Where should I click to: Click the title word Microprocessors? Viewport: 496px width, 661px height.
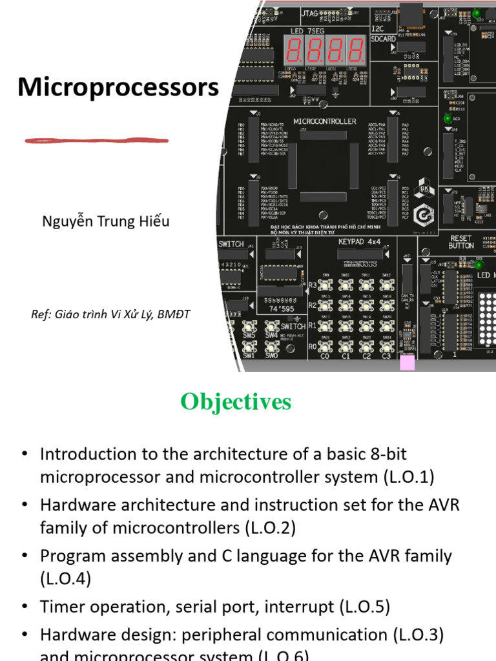tap(118, 87)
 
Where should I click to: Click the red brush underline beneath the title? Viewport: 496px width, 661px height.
tap(96, 140)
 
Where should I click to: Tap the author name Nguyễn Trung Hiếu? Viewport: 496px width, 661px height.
tap(106, 221)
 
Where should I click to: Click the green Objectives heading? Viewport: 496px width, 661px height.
tap(236, 402)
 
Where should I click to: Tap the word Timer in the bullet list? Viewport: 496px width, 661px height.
tap(61, 607)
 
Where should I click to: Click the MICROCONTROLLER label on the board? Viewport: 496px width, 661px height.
tap(325, 121)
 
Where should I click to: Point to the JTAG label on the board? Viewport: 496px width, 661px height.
tap(309, 12)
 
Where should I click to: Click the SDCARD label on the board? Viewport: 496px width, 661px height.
tap(384, 39)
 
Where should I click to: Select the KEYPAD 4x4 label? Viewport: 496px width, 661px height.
tap(360, 241)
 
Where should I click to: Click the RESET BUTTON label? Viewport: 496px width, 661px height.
tap(461, 241)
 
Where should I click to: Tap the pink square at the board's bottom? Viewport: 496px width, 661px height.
tap(408, 362)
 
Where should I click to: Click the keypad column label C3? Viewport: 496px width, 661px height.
tap(386, 356)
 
